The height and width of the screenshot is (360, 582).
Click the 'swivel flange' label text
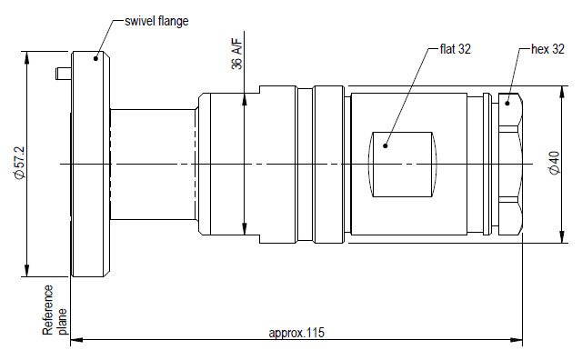click(156, 21)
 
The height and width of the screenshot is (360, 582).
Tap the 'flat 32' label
click(455, 49)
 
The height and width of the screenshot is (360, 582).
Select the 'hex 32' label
click(547, 49)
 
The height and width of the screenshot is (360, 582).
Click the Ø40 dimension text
click(554, 163)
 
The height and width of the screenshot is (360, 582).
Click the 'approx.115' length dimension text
click(296, 333)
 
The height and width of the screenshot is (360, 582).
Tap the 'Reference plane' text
click(55, 310)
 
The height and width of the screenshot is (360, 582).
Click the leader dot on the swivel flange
click(95, 58)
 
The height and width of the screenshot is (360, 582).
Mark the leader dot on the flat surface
click(386, 145)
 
